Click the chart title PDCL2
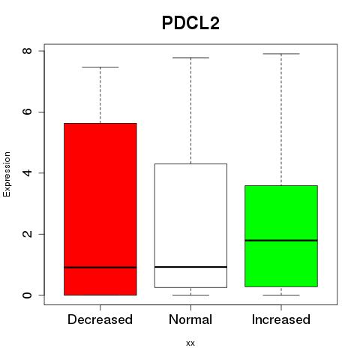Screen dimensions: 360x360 (190, 23)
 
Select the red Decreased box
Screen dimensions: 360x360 (100, 209)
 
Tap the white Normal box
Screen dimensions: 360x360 (190, 226)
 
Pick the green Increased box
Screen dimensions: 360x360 (281, 236)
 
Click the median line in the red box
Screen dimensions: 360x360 (100, 267)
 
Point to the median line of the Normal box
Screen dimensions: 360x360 (190, 267)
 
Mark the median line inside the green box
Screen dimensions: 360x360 (281, 240)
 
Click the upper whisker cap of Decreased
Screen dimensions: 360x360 (100, 67)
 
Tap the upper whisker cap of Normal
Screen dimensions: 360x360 (190, 58)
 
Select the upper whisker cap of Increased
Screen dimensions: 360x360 (281, 54)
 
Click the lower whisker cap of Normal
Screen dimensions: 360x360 (190, 295)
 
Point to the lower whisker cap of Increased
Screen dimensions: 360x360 (281, 295)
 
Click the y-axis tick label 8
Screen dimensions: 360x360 (27, 51)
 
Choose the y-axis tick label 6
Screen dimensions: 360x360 (27, 112)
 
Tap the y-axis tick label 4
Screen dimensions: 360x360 (27, 172)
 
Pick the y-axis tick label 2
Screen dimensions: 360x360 (27, 234)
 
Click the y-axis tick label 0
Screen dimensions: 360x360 (27, 295)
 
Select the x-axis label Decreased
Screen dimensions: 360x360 (100, 319)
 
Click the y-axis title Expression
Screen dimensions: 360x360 (7, 174)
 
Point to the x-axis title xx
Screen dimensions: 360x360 (190, 343)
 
